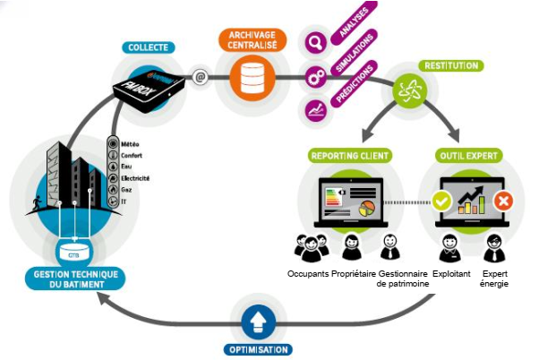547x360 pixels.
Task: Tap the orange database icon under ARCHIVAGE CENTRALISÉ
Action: click(x=250, y=78)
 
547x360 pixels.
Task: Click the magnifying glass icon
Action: click(x=314, y=41)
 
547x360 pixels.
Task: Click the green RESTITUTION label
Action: click(x=451, y=65)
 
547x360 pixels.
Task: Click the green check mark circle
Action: click(x=440, y=201)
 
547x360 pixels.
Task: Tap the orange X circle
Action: click(x=503, y=201)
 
